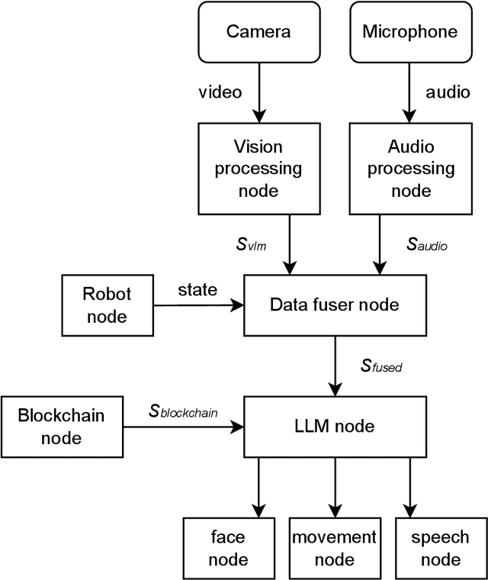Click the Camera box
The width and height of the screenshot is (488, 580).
[258, 31]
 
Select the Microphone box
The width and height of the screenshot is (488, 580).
[410, 31]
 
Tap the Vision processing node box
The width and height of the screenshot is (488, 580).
[258, 169]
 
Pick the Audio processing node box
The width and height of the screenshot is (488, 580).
[410, 169]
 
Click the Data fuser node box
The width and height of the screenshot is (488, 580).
[334, 304]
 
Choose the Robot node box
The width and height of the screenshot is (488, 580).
[107, 304]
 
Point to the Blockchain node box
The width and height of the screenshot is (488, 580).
[61, 426]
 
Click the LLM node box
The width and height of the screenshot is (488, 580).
[334, 426]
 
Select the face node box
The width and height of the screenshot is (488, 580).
[229, 548]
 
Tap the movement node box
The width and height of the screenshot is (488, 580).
[334, 548]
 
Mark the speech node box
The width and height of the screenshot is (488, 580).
[440, 548]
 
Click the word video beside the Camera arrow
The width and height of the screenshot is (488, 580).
[220, 92]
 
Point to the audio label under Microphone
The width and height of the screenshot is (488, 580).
[448, 92]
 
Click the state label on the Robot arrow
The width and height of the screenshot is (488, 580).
[197, 291]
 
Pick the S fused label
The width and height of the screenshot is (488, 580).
[381, 366]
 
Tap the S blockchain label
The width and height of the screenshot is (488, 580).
[183, 412]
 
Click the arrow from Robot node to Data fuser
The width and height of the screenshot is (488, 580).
[198, 305]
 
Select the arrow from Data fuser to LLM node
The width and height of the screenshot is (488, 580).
[334, 366]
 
